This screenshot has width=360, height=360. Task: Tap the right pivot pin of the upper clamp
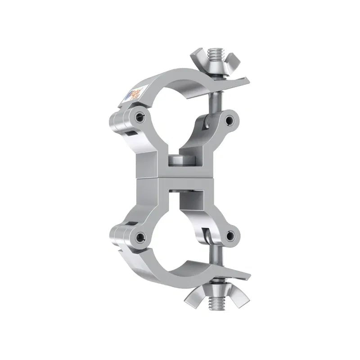pyautogui.click(x=230, y=120)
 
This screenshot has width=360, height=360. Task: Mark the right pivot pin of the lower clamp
pyautogui.click(x=230, y=235)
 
